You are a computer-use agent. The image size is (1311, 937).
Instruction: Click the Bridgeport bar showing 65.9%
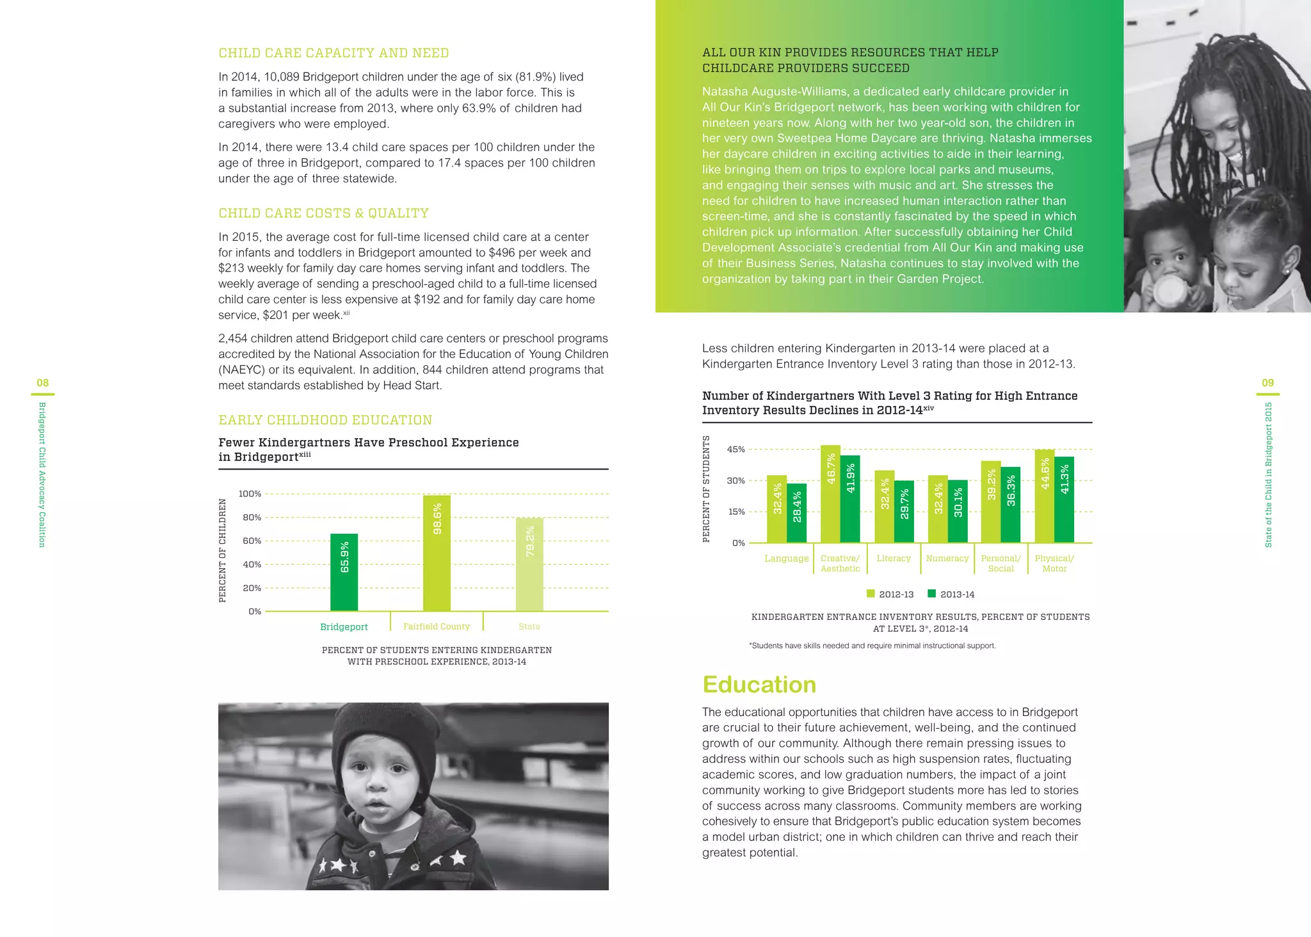[344, 572]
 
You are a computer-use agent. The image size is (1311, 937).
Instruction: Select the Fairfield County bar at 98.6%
[437, 553]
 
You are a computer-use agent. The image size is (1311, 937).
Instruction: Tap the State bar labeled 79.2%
[529, 564]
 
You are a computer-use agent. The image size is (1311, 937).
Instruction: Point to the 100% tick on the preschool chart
[250, 494]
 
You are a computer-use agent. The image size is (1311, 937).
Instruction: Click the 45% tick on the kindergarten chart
[736, 450]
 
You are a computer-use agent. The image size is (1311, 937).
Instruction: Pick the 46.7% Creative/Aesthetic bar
[830, 494]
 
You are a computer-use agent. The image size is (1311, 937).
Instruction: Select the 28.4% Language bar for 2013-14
[796, 513]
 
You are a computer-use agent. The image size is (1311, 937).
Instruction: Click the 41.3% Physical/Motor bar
[1064, 500]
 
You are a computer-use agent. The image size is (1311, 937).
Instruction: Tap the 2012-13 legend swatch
[871, 594]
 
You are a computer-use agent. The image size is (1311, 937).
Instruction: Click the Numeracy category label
[947, 558]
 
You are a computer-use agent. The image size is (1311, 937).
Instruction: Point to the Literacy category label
[893, 558]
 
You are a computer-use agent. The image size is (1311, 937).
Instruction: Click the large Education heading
[759, 685]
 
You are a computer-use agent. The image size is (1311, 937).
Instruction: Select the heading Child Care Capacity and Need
[334, 53]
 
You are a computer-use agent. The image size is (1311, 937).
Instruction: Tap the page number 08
[42, 383]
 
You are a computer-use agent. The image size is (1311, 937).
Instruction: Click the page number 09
[1267, 383]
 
